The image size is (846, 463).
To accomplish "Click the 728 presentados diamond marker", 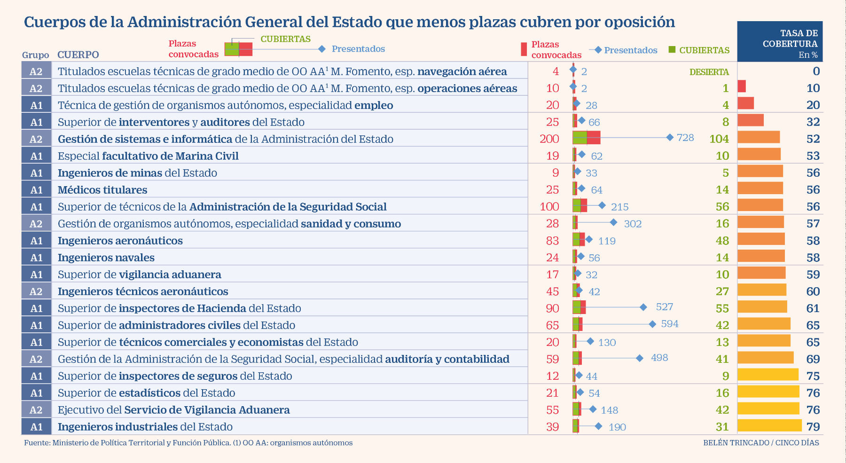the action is click(670, 137).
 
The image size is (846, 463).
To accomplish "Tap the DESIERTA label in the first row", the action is click(709, 72).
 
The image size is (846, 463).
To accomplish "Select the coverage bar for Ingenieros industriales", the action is click(769, 425).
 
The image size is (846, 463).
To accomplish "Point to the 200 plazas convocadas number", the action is click(549, 139).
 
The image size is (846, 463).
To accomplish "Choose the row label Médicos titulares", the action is click(102, 190).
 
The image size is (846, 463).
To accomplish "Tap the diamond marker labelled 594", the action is click(652, 324).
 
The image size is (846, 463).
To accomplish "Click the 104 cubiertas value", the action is click(719, 139).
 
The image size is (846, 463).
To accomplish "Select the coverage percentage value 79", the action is click(813, 427).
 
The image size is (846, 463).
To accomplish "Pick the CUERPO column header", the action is click(78, 55).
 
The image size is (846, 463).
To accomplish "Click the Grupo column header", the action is click(36, 55).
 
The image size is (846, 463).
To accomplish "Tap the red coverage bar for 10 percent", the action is click(742, 86).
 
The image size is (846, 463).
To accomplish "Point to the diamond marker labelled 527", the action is click(643, 307).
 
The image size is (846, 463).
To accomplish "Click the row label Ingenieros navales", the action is click(106, 258).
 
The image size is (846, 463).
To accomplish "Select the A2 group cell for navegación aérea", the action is click(36, 71).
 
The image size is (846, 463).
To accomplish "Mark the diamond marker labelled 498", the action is click(640, 358).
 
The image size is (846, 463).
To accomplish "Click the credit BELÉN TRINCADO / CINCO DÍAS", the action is click(761, 443).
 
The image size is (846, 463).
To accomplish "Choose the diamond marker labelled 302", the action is click(613, 222).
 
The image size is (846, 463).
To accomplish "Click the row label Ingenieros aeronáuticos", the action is click(120, 241).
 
